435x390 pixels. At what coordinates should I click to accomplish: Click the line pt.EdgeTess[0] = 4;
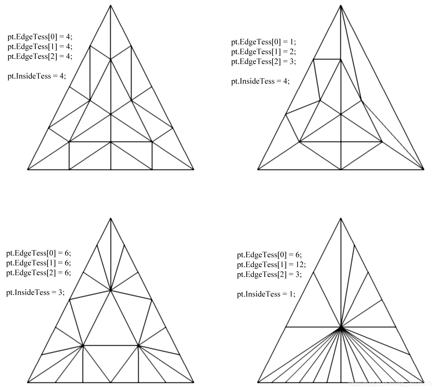tap(40, 37)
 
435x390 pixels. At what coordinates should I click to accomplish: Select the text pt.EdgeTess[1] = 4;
tap(40, 46)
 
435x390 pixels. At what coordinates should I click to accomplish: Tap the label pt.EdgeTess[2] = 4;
tap(40, 56)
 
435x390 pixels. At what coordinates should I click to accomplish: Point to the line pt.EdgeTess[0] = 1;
tap(264, 42)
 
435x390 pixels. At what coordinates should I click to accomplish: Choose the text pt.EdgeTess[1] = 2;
tap(264, 52)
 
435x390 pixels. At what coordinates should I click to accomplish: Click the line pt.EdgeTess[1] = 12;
tap(271, 264)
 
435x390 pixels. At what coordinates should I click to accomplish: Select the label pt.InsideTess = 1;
tap(266, 294)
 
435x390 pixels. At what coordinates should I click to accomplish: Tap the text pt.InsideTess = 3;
tap(35, 292)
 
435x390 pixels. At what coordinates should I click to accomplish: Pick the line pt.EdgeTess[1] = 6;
tap(39, 263)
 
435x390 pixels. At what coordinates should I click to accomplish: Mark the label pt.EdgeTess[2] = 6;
tap(39, 273)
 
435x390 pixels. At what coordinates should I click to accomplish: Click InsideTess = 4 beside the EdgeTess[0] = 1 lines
tap(260, 81)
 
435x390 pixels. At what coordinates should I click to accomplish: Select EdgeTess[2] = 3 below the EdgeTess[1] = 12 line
tap(269, 274)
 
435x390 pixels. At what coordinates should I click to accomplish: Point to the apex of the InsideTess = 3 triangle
tap(111, 218)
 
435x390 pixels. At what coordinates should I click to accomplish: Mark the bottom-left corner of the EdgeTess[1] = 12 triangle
tap(258, 382)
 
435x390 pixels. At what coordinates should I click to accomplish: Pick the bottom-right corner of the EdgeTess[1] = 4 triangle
tap(194, 169)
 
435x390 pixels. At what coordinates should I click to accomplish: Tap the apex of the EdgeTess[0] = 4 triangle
tap(111, 5)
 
